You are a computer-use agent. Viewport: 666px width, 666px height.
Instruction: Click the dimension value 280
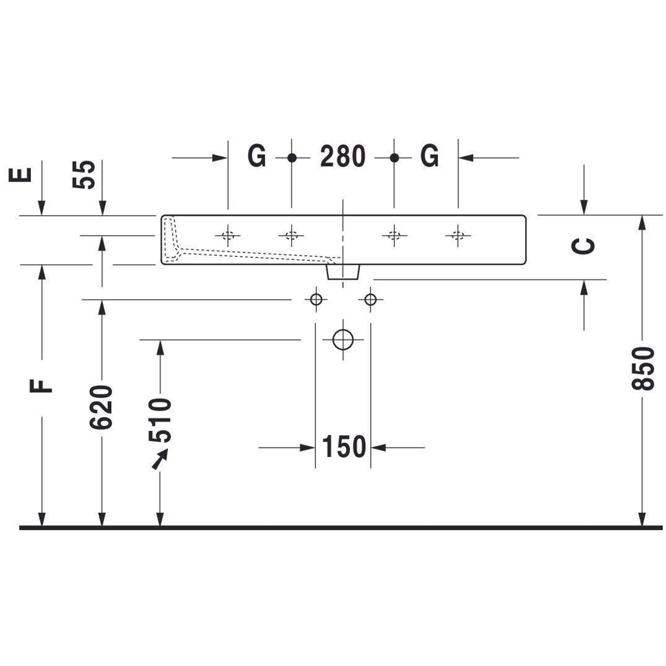pos(343,157)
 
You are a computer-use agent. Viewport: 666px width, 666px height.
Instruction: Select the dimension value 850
pos(643,369)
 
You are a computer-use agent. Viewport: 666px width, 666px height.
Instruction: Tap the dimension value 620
pos(101,408)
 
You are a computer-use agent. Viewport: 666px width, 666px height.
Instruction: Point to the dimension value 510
pos(160,420)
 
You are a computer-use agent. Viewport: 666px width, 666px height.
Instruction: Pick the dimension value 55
pos(84,174)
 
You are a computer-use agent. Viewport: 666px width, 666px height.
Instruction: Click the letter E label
pos(20,175)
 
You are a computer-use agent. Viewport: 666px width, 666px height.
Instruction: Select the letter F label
pos(41,386)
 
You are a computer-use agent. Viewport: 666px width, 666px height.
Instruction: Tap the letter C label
pos(583,246)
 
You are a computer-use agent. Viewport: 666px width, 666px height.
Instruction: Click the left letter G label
pos(257,157)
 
